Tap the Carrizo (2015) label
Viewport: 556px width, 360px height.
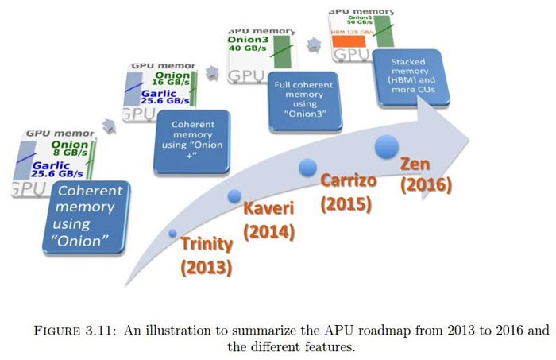coord(347,192)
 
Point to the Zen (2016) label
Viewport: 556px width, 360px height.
coord(425,174)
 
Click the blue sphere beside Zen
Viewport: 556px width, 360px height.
coord(387,145)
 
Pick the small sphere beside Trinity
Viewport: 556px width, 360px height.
coord(173,234)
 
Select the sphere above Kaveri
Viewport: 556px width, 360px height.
coord(234,196)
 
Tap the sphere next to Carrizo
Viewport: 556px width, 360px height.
coord(308,167)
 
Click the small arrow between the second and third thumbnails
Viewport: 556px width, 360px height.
coord(210,72)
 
